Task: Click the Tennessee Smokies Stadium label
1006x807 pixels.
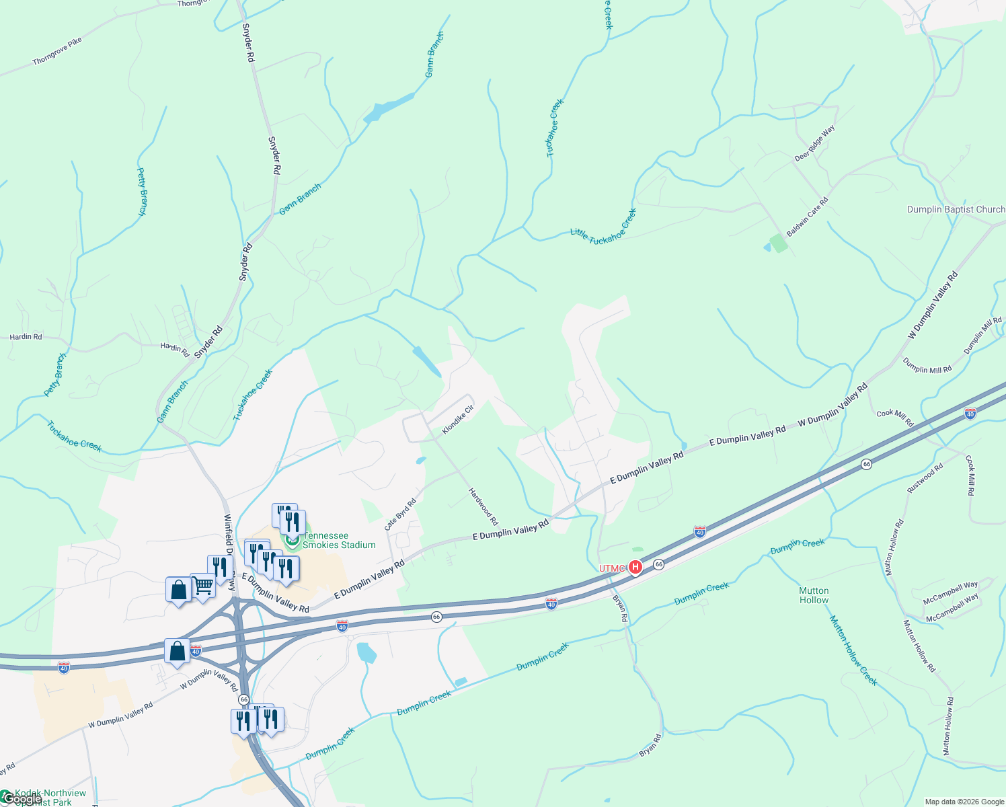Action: click(x=339, y=540)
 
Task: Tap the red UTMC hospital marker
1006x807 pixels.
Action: click(x=634, y=568)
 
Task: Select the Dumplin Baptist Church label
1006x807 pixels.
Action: click(x=956, y=209)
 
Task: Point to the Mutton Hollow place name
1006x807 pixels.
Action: click(x=814, y=595)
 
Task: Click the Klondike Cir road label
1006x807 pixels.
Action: click(x=458, y=420)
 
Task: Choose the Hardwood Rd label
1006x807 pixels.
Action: click(x=483, y=506)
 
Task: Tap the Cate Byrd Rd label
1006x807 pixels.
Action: click(x=400, y=514)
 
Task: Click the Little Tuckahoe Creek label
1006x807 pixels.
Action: click(x=603, y=227)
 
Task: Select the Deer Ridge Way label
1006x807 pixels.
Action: click(x=814, y=143)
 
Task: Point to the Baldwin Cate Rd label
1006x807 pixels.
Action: click(x=807, y=217)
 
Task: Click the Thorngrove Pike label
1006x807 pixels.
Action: click(x=57, y=51)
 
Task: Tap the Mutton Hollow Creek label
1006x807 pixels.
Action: click(x=853, y=650)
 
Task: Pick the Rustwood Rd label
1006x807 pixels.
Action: click(x=925, y=478)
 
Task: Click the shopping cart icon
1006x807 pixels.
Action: click(x=202, y=586)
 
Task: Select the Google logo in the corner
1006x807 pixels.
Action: click(x=20, y=799)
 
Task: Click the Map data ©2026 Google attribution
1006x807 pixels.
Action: click(x=964, y=802)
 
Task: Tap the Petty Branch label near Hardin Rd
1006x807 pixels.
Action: click(x=56, y=375)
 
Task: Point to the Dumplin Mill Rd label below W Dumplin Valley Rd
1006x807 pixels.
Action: click(x=927, y=367)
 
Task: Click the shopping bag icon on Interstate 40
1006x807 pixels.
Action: click(x=177, y=652)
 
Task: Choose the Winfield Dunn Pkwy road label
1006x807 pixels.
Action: click(x=229, y=551)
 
